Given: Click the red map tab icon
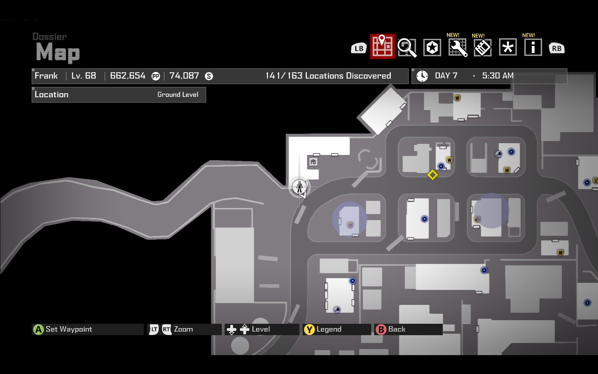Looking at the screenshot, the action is (382, 46).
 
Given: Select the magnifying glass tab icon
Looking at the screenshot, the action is (407, 47).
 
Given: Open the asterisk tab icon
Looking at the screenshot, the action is (508, 47).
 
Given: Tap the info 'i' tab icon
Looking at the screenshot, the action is (533, 47).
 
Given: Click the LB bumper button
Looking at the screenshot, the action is (359, 48).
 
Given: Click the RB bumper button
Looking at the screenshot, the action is (557, 48).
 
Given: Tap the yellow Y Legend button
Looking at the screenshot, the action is (309, 329).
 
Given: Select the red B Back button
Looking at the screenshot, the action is (381, 329).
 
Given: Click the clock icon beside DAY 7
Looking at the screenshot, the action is (422, 76).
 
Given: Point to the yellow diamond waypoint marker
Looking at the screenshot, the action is (432, 175).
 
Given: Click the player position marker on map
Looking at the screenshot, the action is (299, 186).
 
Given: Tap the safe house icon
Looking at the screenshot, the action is (313, 162).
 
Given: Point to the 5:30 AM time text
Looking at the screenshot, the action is (498, 76).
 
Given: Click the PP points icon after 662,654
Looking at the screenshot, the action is (156, 76).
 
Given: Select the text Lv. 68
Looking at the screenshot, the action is (84, 76).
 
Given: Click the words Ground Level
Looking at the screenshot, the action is (178, 94).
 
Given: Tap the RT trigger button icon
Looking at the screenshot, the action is (166, 329).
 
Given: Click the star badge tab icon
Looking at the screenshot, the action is (432, 47).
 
